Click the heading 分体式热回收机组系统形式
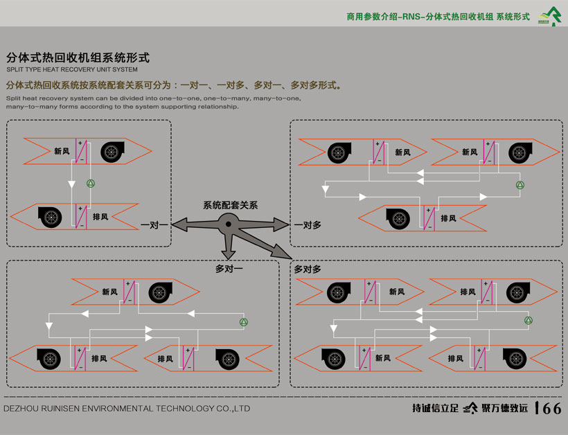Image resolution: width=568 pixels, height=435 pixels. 78,57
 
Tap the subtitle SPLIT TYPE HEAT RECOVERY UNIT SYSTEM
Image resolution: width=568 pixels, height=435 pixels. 72,70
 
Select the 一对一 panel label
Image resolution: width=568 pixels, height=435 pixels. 154,224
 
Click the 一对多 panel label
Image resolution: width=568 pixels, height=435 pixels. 307,224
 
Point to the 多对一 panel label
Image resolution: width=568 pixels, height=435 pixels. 230,268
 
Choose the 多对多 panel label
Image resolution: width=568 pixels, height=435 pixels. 308,269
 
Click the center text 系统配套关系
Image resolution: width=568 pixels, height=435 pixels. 230,206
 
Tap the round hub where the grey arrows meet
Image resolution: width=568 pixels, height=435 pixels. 228,223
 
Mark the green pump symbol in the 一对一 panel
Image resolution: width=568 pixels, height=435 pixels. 89,184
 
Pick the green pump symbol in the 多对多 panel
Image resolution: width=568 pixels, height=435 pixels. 529,321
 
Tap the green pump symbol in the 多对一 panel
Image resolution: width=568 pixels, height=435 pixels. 243,322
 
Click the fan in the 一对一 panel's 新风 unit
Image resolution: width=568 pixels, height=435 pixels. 112,152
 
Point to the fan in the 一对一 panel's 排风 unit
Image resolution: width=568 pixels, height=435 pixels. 49,217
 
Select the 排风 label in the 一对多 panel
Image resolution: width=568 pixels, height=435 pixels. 448,218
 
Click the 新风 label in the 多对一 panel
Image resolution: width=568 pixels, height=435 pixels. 109,292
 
